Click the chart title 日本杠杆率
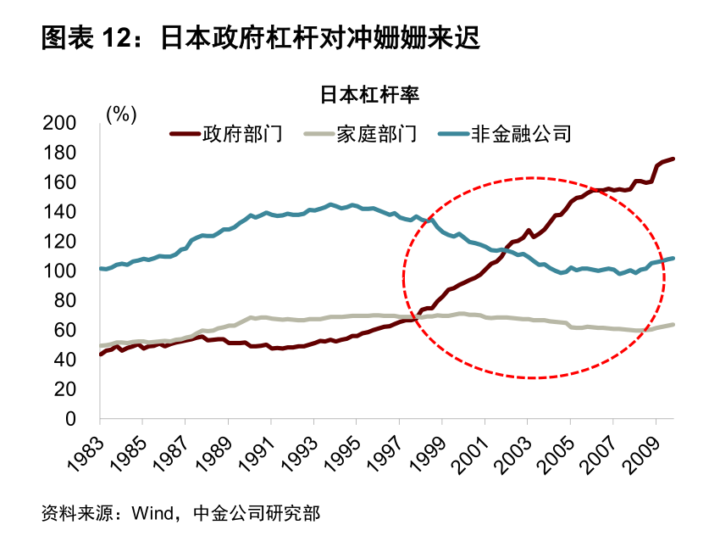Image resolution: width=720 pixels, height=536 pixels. click(x=369, y=94)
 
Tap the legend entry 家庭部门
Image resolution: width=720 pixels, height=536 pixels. click(x=377, y=133)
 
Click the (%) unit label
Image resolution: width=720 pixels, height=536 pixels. click(x=121, y=114)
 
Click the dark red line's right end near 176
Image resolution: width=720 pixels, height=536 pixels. click(x=673, y=159)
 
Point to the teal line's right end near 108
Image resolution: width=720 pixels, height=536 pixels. click(x=673, y=258)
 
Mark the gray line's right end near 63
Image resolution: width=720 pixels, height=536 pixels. click(x=673, y=325)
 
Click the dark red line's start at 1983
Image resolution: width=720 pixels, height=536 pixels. click(x=101, y=354)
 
